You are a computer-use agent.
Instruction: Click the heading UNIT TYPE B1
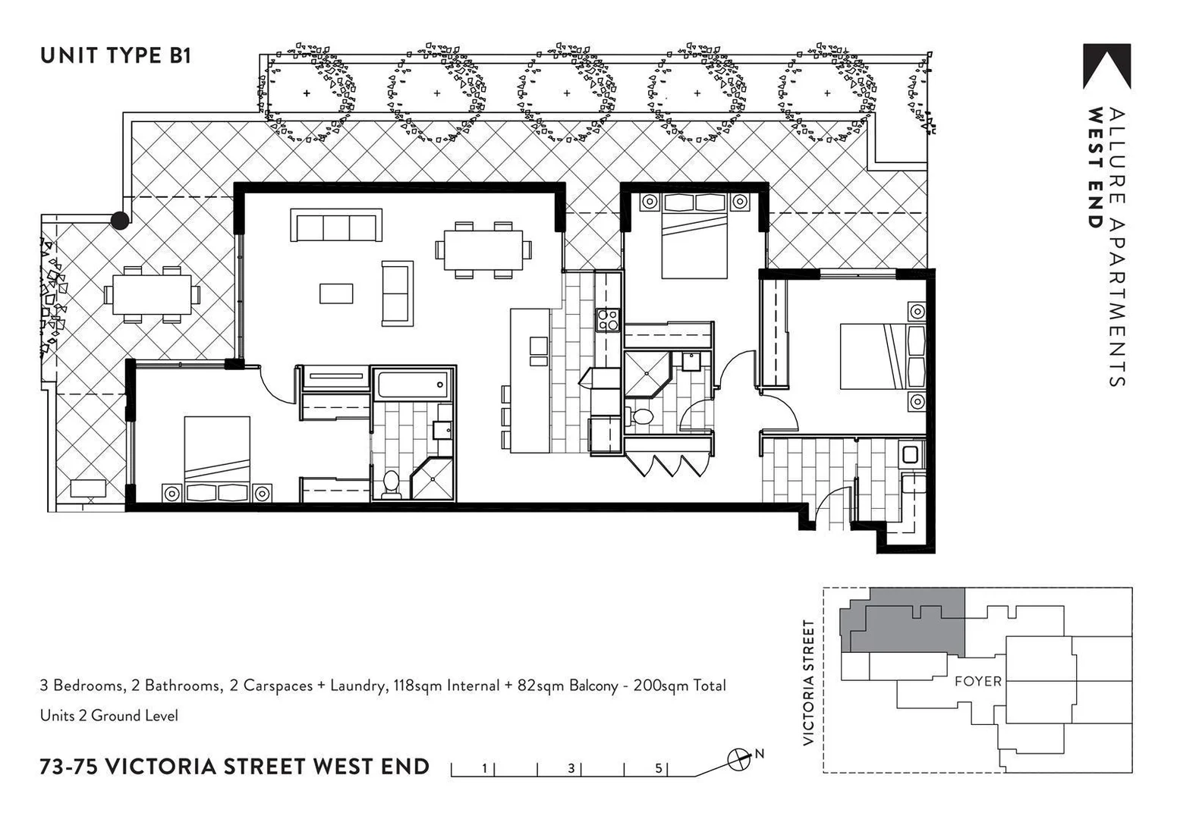[x=115, y=56]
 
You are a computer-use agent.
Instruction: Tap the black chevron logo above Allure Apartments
[x=1106, y=67]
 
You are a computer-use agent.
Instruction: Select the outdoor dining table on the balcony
[x=152, y=294]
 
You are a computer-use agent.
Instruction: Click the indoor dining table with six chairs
[x=483, y=249]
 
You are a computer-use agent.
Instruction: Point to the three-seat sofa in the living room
[x=335, y=227]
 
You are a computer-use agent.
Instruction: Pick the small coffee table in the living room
[x=335, y=293]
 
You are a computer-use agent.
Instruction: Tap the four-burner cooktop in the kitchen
[x=608, y=320]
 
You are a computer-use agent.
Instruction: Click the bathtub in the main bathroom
[x=414, y=384]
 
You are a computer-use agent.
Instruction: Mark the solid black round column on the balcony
[x=120, y=220]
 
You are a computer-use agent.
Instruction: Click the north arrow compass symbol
[x=738, y=758]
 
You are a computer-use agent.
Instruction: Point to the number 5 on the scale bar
[x=658, y=768]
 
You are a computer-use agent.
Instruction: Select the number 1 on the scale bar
[x=484, y=768]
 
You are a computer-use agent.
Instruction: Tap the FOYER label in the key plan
[x=978, y=681]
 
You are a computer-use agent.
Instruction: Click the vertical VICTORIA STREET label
[x=809, y=682]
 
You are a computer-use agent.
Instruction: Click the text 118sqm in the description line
[x=418, y=686]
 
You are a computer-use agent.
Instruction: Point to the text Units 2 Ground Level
[x=109, y=715]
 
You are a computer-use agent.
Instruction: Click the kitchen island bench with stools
[x=530, y=379]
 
